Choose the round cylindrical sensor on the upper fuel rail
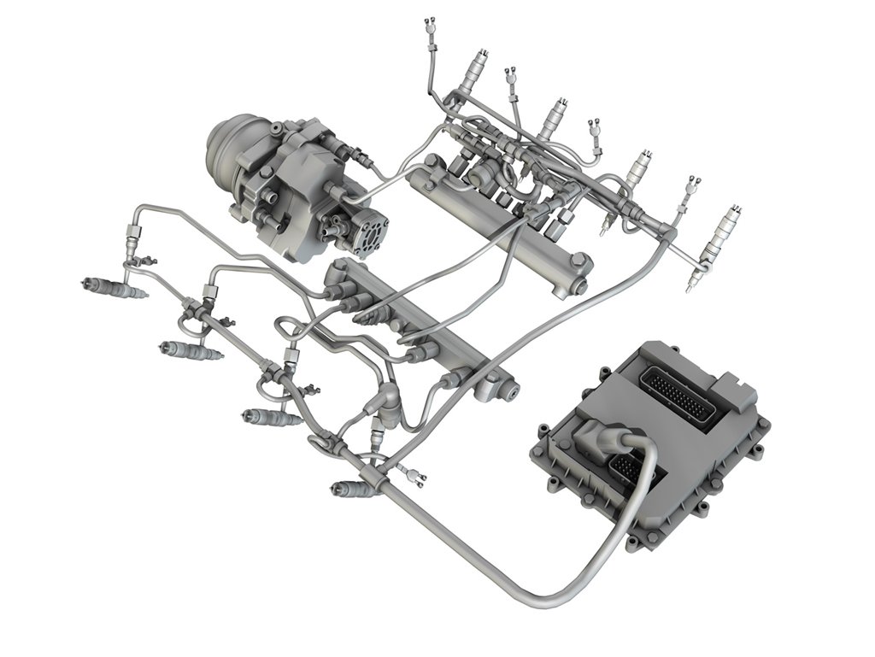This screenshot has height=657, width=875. [479, 174]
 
